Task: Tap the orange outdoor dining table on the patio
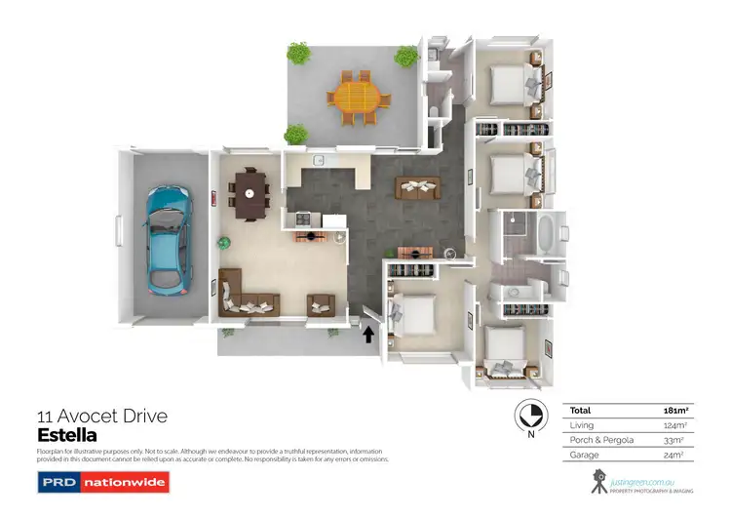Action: coord(357,95)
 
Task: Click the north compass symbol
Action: coord(528,417)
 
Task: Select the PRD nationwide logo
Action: coord(103,482)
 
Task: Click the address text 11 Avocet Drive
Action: coord(101,417)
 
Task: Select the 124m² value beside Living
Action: coord(673,425)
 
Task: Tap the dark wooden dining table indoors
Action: coord(251,191)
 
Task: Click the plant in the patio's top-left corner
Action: coord(296,52)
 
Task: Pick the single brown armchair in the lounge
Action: coord(321,304)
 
